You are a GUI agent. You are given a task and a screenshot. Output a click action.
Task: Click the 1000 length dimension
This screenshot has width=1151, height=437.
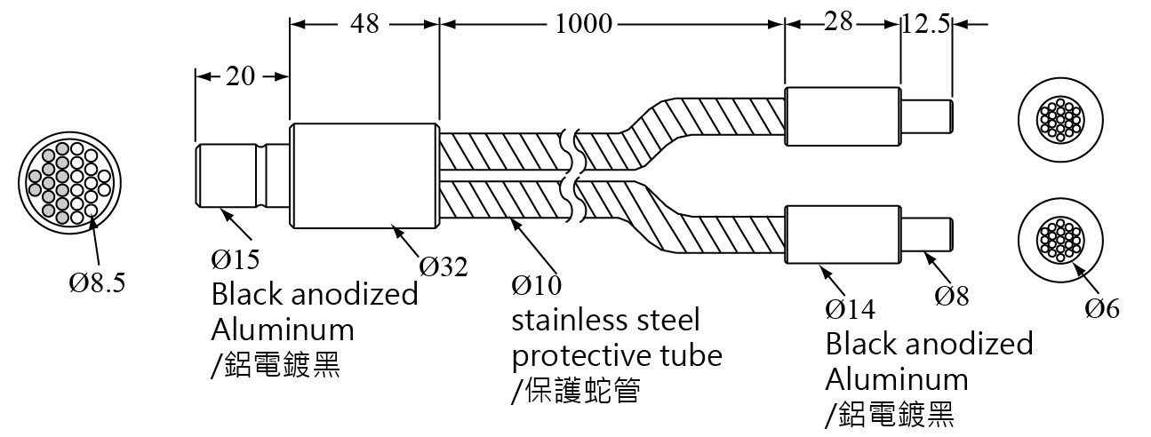[x=584, y=24]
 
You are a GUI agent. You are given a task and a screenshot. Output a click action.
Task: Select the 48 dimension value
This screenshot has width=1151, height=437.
[x=364, y=24]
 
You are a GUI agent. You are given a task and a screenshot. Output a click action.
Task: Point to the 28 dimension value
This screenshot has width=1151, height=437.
[x=838, y=23]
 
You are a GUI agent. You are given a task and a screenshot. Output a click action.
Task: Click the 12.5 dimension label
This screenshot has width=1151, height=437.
[x=925, y=24]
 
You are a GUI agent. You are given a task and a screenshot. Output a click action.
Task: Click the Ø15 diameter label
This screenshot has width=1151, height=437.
[x=235, y=259]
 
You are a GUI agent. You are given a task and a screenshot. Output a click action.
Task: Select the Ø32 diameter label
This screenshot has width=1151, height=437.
[x=444, y=265]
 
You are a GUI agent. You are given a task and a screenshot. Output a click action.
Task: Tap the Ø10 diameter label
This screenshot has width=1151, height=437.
[x=537, y=286]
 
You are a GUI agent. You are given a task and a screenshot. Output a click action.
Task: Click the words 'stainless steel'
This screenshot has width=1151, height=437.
[x=605, y=320]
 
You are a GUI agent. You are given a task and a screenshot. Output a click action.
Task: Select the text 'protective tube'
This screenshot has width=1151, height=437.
[x=617, y=355]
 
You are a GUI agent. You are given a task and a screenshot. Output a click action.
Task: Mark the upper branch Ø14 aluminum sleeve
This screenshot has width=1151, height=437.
[x=843, y=116]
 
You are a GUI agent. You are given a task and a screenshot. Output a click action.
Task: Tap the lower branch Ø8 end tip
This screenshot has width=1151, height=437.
[x=929, y=234]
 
